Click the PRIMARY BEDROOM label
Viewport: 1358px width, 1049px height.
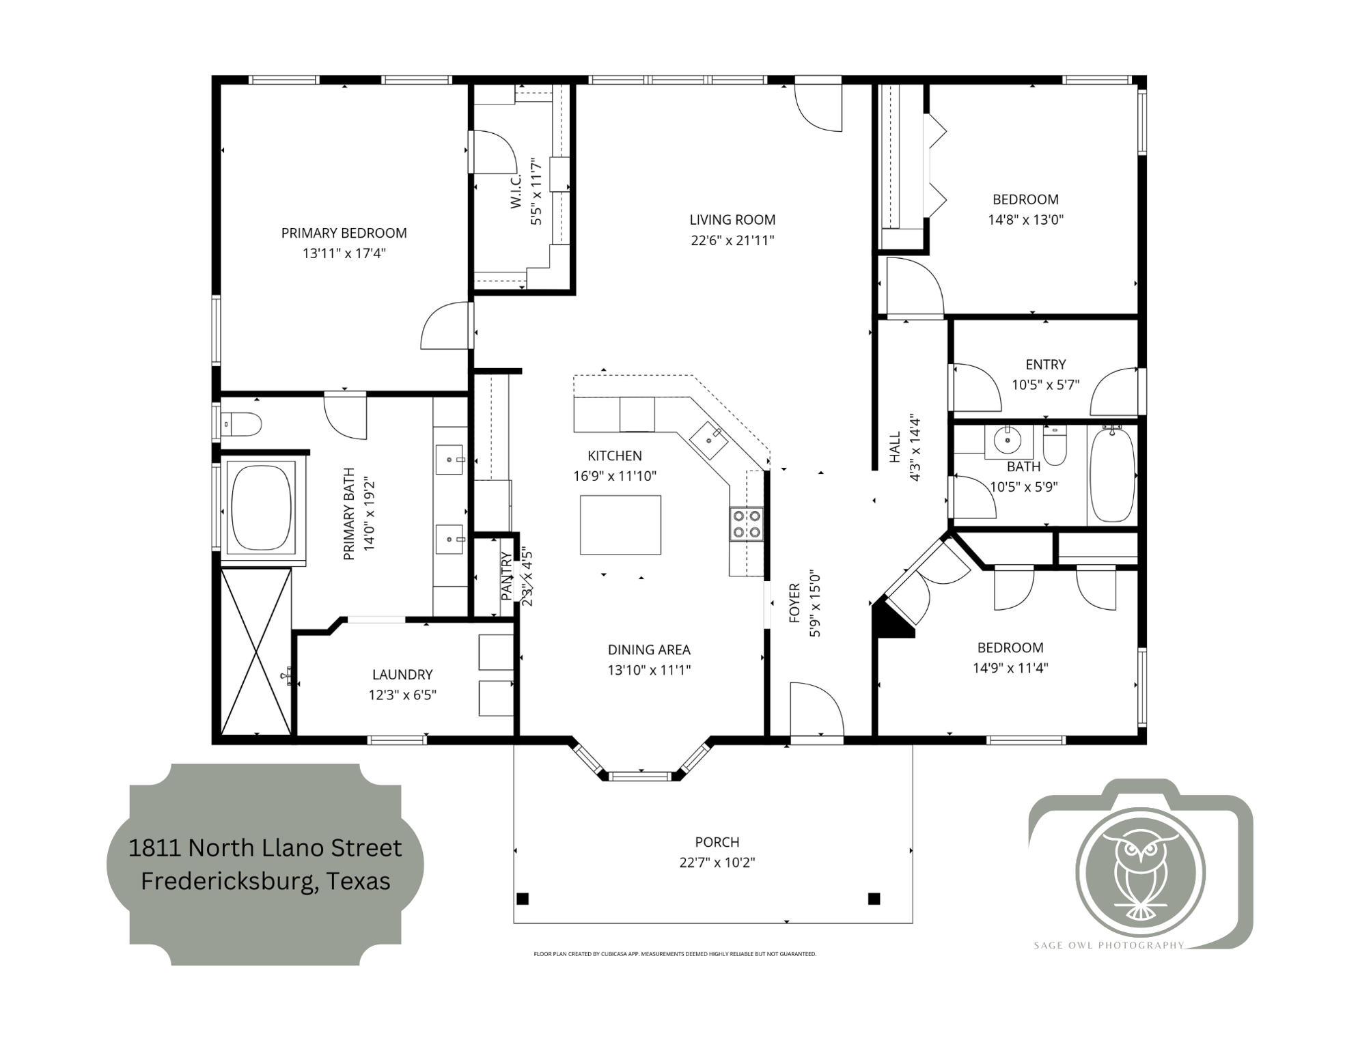(x=344, y=233)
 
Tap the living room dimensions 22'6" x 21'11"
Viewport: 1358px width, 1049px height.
(x=732, y=240)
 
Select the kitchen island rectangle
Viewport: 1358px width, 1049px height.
(x=620, y=524)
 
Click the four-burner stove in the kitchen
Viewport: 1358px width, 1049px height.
(x=746, y=524)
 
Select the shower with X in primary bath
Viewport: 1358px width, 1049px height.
(x=256, y=652)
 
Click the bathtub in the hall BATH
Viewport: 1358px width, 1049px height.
(x=1112, y=475)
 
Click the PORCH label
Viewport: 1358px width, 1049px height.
(x=717, y=842)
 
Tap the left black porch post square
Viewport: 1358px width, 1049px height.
(x=523, y=898)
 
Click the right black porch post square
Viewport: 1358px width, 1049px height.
(x=874, y=898)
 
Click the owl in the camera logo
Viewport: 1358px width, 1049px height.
(x=1139, y=873)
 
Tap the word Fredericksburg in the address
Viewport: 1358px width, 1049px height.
(x=228, y=881)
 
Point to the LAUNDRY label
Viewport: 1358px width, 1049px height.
(x=402, y=675)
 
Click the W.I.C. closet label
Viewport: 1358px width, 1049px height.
(x=516, y=191)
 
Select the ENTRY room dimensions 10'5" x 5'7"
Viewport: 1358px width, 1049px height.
(x=1045, y=384)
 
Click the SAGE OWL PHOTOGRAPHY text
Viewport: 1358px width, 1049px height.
(x=1108, y=945)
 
